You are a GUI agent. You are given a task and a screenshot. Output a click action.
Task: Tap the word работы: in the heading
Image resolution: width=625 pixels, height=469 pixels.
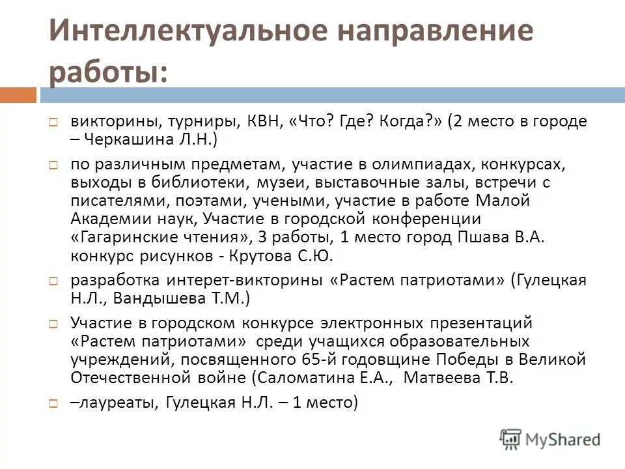tap(107, 71)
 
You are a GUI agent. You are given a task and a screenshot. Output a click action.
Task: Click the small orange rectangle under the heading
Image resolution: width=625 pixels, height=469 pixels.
tap(18, 95)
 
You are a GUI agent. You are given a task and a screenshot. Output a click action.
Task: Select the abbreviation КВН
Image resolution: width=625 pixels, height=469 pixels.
tap(263, 121)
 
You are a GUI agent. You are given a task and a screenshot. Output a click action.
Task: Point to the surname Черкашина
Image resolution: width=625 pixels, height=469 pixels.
tap(123, 139)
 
